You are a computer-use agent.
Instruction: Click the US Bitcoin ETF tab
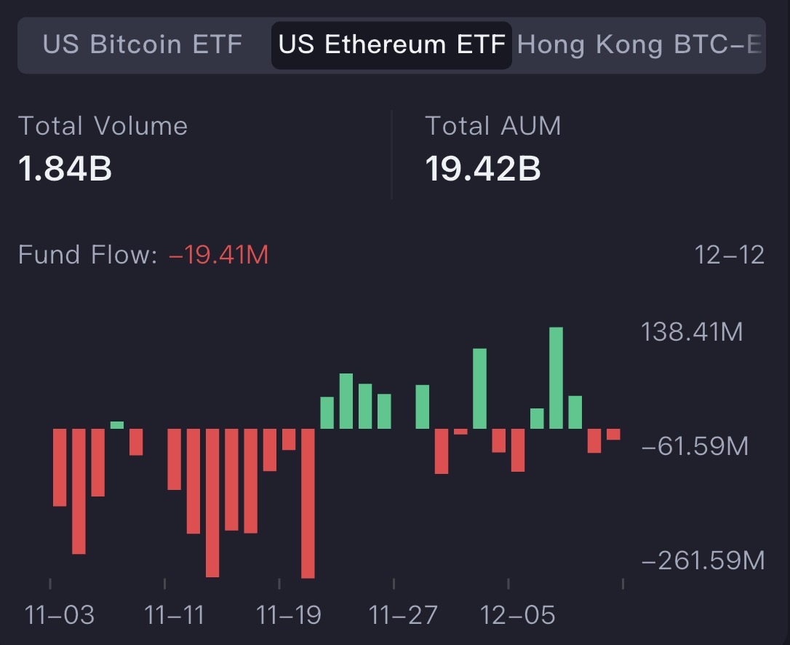tap(143, 44)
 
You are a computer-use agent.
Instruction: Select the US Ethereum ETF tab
tap(391, 44)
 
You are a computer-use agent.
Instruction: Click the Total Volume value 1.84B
tap(65, 169)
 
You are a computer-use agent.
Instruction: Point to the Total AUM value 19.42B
tap(482, 169)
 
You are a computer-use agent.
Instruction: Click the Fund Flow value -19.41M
tap(219, 255)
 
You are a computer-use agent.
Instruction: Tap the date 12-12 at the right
tap(729, 255)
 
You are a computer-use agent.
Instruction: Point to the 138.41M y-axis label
tap(692, 333)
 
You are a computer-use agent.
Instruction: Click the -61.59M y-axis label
tap(694, 446)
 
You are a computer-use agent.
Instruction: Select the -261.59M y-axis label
tap(702, 561)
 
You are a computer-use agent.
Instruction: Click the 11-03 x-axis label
tap(60, 615)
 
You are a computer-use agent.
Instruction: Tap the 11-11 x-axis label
tap(175, 615)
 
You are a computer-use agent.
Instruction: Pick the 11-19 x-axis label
tap(289, 615)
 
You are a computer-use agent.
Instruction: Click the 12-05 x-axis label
tap(518, 615)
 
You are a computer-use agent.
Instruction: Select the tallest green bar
tap(556, 378)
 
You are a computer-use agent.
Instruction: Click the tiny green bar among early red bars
tap(117, 425)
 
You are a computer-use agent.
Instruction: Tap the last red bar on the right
tap(613, 435)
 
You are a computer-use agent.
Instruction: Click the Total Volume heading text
tap(103, 126)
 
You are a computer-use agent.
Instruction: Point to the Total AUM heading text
tap(492, 126)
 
